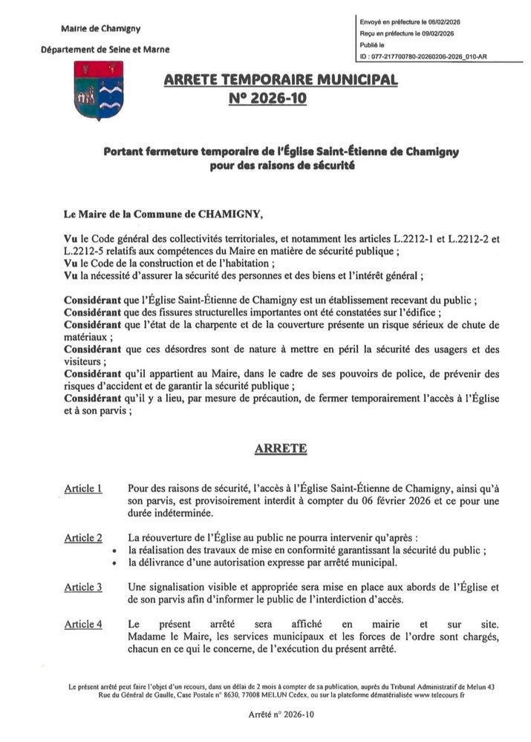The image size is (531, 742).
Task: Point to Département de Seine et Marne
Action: (105, 49)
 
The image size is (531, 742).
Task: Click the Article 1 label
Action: (82, 488)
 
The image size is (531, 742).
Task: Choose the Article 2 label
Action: (82, 537)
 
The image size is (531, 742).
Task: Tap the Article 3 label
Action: (82, 587)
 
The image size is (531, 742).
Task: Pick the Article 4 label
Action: (82, 624)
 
